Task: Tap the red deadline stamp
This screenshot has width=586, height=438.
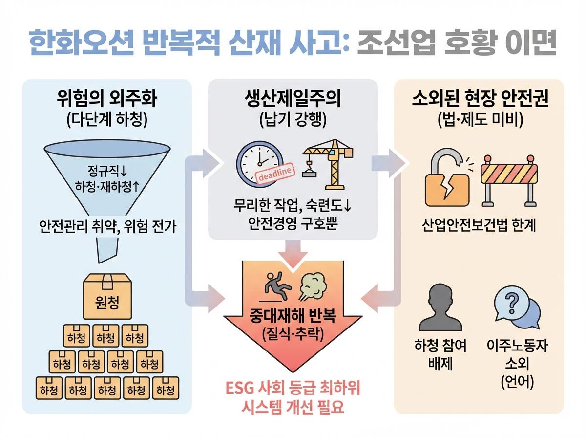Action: click(275, 173)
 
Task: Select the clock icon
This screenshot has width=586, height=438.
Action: click(259, 164)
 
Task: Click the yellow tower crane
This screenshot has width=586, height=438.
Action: click(328, 164)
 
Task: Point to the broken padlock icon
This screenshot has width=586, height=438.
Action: click(446, 177)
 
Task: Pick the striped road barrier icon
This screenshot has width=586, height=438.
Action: click(509, 180)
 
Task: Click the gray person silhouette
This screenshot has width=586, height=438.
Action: click(440, 308)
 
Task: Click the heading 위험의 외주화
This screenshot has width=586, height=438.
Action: click(107, 99)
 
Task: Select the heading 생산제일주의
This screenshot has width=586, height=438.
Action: click(293, 99)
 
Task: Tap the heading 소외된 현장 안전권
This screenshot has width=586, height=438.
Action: click(480, 98)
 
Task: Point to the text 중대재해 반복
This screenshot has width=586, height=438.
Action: click(293, 316)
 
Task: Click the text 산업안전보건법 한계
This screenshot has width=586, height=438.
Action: click(479, 225)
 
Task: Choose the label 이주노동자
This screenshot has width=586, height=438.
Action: click(517, 345)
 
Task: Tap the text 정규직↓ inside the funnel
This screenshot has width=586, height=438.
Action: click(107, 171)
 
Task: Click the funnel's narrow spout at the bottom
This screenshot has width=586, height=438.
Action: click(107, 250)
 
